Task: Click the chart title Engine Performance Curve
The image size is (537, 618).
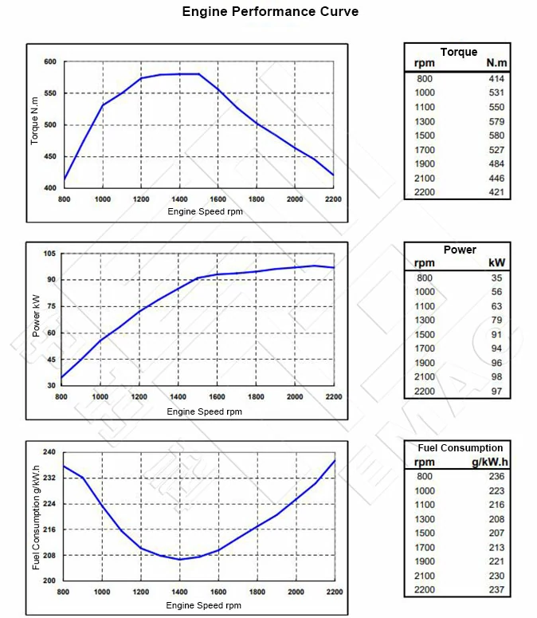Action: click(x=270, y=12)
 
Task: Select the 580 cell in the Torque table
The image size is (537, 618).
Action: click(x=496, y=136)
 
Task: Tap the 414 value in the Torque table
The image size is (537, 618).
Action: click(x=496, y=78)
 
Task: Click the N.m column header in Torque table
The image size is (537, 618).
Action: click(x=496, y=63)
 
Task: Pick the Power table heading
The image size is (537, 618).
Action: click(x=460, y=250)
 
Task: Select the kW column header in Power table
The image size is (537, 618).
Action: click(x=497, y=262)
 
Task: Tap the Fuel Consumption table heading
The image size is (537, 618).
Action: click(x=461, y=448)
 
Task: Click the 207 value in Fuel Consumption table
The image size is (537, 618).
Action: click(x=496, y=533)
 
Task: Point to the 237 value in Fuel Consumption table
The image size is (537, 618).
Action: click(x=496, y=590)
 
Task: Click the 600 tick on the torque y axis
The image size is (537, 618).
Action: click(x=50, y=61)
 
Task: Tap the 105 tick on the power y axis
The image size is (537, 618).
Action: click(x=49, y=254)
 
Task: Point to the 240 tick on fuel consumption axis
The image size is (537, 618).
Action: click(x=49, y=452)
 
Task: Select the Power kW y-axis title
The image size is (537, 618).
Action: click(x=35, y=319)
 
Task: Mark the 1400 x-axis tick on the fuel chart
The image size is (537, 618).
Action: click(x=179, y=592)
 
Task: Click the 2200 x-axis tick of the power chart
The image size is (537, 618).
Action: click(x=334, y=396)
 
